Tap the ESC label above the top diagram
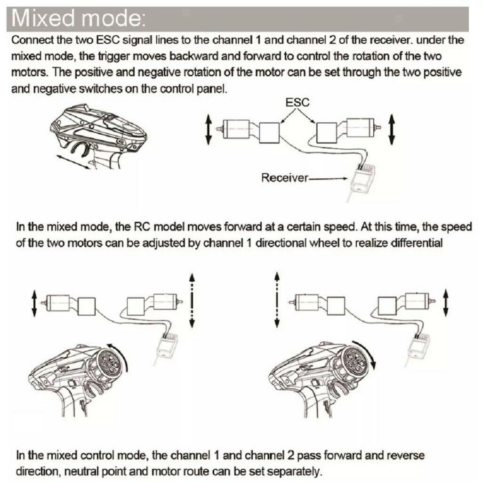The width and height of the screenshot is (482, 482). pyautogui.click(x=297, y=102)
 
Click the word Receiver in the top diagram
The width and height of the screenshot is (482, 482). pyautogui.click(x=284, y=177)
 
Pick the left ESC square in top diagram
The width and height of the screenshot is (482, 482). pyautogui.click(x=269, y=133)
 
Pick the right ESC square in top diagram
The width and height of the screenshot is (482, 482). pyautogui.click(x=327, y=132)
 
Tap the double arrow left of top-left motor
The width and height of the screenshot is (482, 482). pyautogui.click(x=209, y=129)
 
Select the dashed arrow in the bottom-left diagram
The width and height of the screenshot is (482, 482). pyautogui.click(x=192, y=300)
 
